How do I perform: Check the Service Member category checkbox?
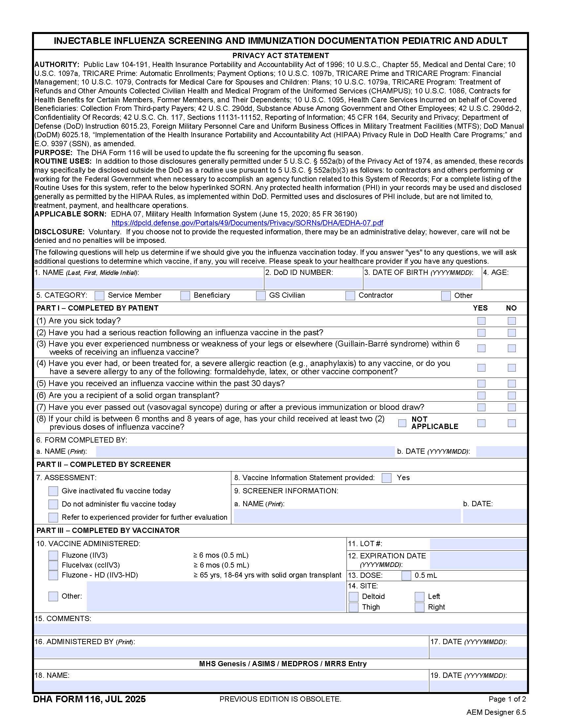pyautogui.click(x=99, y=295)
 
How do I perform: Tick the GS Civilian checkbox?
pyautogui.click(x=261, y=295)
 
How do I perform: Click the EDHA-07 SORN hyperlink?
pyautogui.click(x=247, y=223)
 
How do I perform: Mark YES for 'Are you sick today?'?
pyautogui.click(x=481, y=321)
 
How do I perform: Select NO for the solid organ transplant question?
pyautogui.click(x=511, y=395)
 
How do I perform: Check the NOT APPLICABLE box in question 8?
pyautogui.click(x=402, y=423)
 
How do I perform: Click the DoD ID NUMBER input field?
pyautogui.click(x=313, y=283)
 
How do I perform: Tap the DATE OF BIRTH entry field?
pyautogui.click(x=422, y=283)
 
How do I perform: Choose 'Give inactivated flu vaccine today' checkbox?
pyautogui.click(x=53, y=491)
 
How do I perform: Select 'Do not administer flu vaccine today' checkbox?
pyautogui.click(x=53, y=504)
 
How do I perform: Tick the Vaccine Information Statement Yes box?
pyautogui.click(x=386, y=478)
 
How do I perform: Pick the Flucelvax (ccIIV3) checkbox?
pyautogui.click(x=53, y=565)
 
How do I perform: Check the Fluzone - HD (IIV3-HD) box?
pyautogui.click(x=53, y=575)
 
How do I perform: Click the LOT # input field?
pyautogui.click(x=478, y=544)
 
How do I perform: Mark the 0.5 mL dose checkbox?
pyautogui.click(x=406, y=576)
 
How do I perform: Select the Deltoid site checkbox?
pyautogui.click(x=354, y=597)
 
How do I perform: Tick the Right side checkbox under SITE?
pyautogui.click(x=419, y=607)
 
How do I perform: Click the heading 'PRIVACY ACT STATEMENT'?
pyautogui.click(x=280, y=55)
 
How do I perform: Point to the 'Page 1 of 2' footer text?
pyautogui.click(x=507, y=699)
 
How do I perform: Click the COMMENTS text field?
pyautogui.click(x=280, y=629)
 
